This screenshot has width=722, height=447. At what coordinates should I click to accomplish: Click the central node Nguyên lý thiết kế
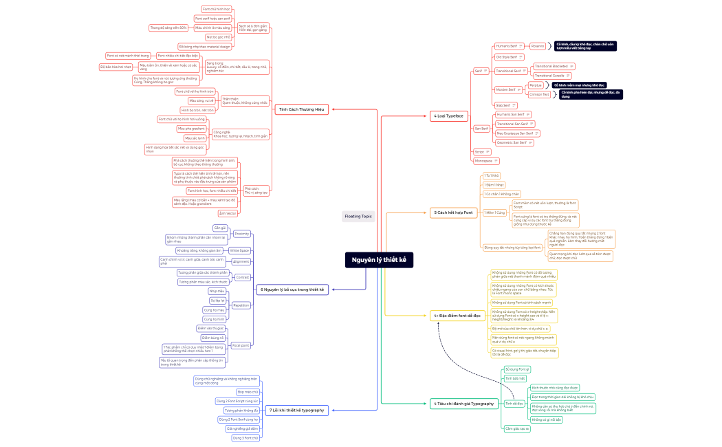click(x=379, y=260)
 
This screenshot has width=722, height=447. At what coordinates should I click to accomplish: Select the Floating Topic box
click(x=358, y=216)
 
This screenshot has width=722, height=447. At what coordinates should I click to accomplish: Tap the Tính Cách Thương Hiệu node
click(x=301, y=109)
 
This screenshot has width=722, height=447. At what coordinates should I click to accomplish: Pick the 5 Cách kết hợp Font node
click(x=453, y=212)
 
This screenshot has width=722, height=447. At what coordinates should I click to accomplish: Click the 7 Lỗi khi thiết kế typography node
click(x=296, y=410)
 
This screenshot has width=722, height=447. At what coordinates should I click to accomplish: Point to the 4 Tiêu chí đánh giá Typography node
click(x=463, y=403)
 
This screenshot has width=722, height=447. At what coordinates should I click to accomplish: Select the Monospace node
click(x=483, y=160)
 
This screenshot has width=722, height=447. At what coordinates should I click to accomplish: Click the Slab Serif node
click(x=503, y=105)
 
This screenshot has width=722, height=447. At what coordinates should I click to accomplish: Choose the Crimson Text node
click(x=539, y=94)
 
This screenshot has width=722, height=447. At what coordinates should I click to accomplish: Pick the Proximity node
click(x=242, y=234)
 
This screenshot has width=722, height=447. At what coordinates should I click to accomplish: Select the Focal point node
click(x=241, y=345)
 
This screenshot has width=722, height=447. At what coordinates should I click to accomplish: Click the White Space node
click(x=240, y=250)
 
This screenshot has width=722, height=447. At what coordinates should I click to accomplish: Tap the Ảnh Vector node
click(x=227, y=213)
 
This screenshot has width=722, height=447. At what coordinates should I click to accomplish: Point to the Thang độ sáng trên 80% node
click(x=168, y=28)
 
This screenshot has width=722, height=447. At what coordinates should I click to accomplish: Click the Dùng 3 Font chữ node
click(x=245, y=437)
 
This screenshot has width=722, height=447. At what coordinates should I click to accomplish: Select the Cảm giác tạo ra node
click(x=516, y=428)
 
